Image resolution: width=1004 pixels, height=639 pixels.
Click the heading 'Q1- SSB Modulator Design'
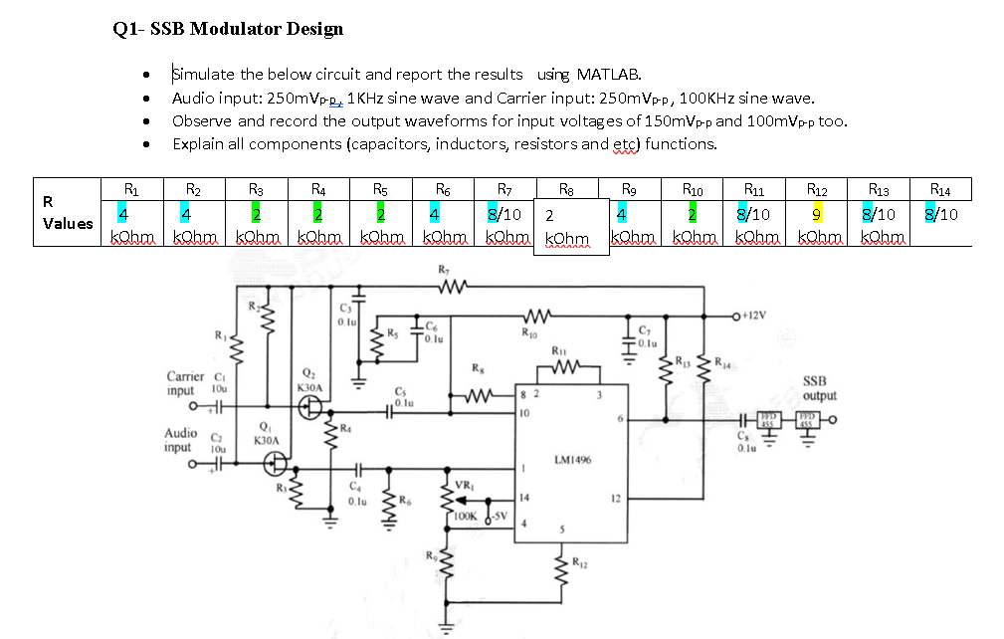pos(228,29)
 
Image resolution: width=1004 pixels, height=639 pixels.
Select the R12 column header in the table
pos(816,188)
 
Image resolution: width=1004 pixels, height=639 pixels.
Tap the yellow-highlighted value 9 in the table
pos(816,213)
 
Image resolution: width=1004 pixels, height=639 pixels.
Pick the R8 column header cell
pos(566,188)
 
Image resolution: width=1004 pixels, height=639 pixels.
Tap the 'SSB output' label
pos(820,388)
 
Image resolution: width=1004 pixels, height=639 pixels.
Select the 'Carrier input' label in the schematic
pos(186,383)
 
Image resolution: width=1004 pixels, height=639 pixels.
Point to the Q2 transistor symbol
pos(309,407)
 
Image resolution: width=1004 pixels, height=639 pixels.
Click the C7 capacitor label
pos(644,329)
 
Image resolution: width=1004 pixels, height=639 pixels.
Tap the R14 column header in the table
pos(939,188)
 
